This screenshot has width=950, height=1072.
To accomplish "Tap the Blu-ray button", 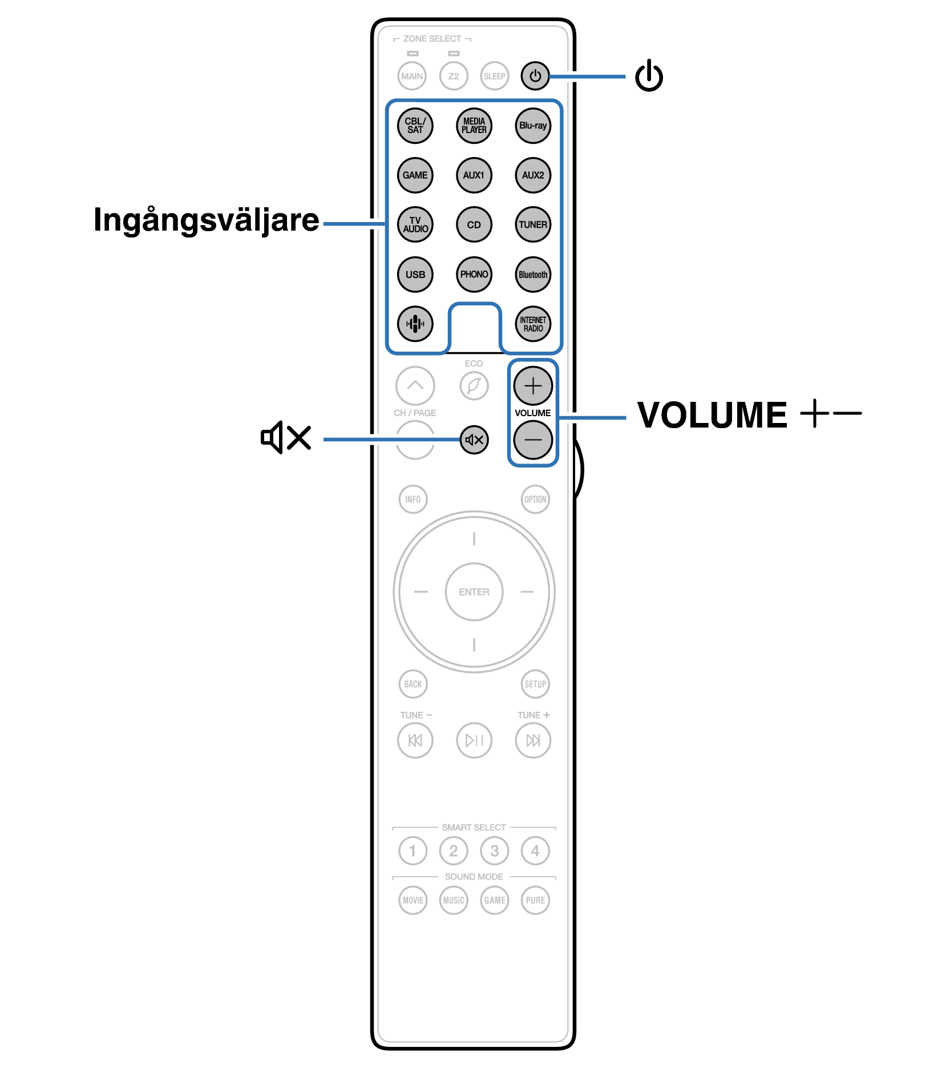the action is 533,126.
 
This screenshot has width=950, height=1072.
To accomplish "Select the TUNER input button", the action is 533,224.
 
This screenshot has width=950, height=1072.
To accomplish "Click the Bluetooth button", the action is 533,274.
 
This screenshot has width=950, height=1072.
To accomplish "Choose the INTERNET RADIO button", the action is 533,324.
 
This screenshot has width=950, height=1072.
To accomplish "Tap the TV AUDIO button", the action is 415,224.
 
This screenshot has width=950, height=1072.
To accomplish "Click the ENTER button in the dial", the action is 474,592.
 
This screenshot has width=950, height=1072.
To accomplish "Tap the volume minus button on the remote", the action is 533,440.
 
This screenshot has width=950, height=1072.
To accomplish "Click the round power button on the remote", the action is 535,76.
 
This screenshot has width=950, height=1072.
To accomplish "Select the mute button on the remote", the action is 474,440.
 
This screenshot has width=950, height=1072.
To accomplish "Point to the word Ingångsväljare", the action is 206,220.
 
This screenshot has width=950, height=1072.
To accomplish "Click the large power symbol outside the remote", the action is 649,75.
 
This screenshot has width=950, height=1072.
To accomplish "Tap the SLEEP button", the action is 495,76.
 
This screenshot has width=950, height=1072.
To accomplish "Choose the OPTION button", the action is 535,499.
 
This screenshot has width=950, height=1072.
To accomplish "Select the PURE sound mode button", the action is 535,900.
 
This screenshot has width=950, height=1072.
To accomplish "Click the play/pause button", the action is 474,740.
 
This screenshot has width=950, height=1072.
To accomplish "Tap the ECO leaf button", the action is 474,386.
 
